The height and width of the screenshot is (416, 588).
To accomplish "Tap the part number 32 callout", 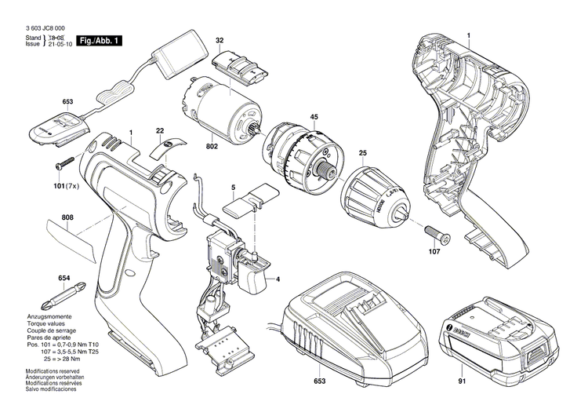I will coord(220,40).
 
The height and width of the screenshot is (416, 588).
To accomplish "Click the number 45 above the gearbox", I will coord(314,118).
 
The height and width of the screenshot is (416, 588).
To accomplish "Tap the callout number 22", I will coord(160,130).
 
